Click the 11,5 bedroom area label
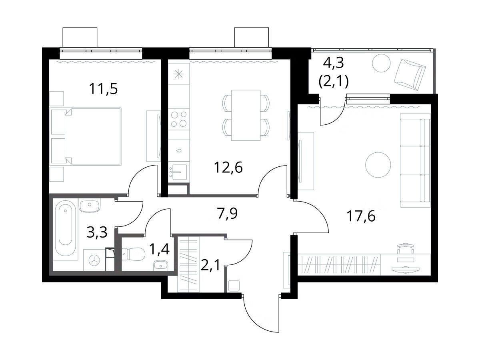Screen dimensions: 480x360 pos(103,89)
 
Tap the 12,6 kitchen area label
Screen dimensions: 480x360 pos(228,168)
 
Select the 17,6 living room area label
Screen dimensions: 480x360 pos(361,216)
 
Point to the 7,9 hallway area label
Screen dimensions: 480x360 pos(227,213)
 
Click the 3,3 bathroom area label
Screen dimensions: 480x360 pos(97,232)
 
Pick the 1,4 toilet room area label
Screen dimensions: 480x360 pos(160,249)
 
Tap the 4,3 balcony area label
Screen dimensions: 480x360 pos(333,63)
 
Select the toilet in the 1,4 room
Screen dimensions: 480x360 pos(134,254)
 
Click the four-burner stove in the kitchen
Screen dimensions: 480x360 pos(179,119)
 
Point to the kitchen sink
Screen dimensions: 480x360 pos(179,172)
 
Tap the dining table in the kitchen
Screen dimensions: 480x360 pos(246,115)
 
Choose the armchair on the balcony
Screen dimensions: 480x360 pos(410,75)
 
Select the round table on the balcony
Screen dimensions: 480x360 pos(381,63)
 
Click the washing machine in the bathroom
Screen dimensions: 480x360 pos(94,260)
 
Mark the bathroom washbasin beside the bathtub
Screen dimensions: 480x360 pos(90,206)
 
